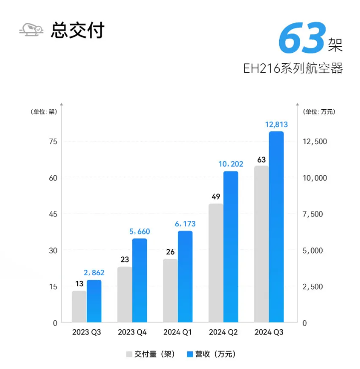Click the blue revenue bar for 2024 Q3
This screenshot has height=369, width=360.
276,227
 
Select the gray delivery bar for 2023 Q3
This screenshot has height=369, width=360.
79,307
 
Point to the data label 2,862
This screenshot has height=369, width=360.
94,273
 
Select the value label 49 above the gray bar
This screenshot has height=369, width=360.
216,196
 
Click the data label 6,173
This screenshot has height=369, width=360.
185,224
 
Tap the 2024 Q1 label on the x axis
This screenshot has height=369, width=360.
177,333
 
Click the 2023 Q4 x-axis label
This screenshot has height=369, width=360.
132,333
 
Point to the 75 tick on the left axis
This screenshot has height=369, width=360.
52,142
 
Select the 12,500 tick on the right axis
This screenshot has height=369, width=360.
315,142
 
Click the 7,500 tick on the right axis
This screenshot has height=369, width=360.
315,214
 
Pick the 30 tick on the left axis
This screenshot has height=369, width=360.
52,250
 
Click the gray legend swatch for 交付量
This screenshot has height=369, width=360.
129,355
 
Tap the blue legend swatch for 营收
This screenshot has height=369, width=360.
190,355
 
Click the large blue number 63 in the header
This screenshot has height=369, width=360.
302,39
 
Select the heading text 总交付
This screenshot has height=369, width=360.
77,30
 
